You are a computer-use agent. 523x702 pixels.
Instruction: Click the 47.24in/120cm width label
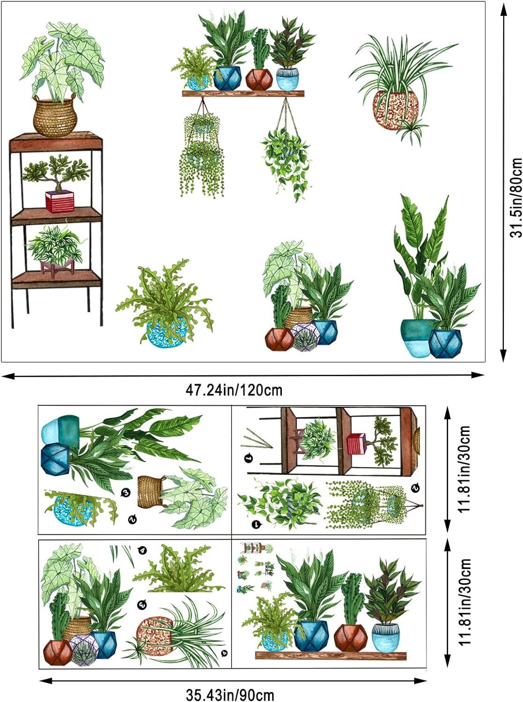click(x=234, y=390)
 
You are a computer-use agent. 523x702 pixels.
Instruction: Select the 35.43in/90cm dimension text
click(x=230, y=693)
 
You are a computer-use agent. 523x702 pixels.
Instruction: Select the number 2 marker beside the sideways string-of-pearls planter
click(x=415, y=488)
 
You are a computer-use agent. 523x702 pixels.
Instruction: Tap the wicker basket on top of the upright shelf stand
click(x=55, y=117)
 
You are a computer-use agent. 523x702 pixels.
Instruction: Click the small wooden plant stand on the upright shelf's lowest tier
click(x=57, y=268)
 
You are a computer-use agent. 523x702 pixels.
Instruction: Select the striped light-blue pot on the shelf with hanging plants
click(x=287, y=79)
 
